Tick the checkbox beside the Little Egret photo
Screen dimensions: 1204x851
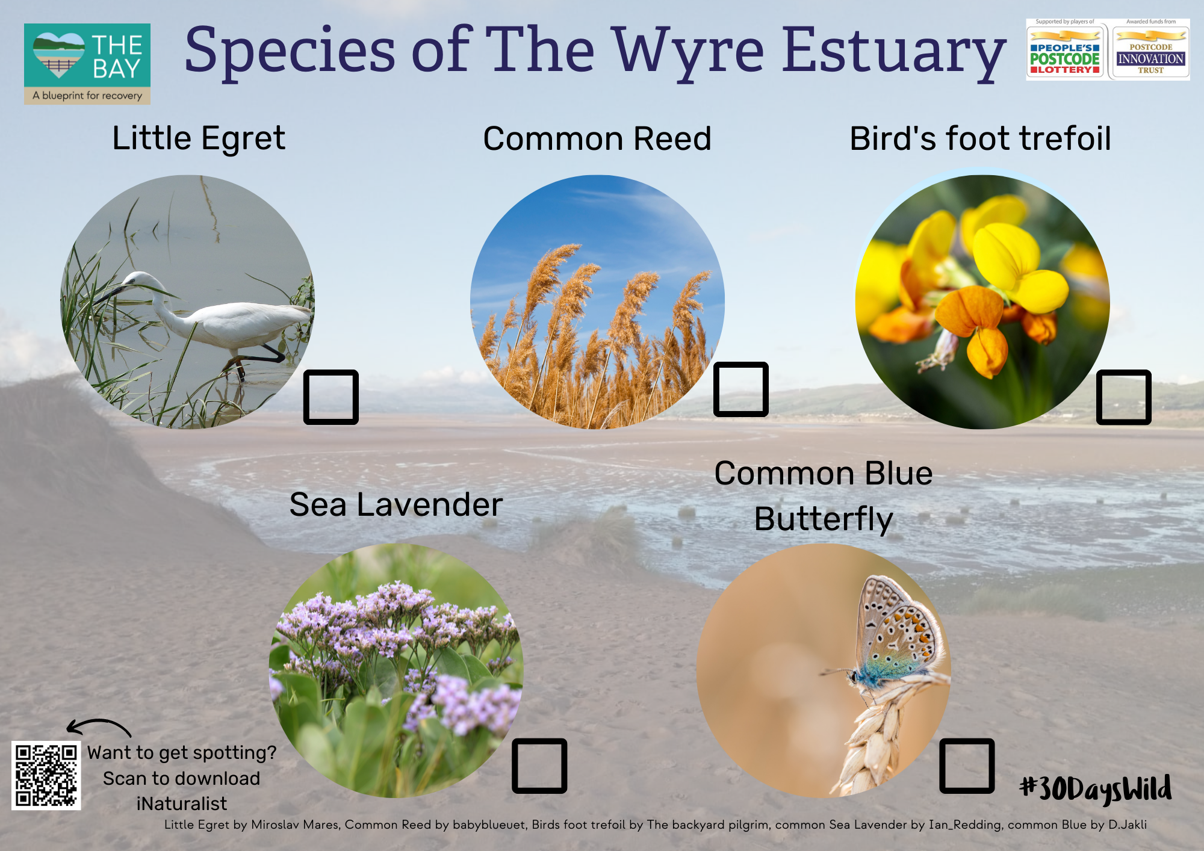click(x=331, y=397)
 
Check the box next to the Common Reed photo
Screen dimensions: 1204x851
click(x=741, y=389)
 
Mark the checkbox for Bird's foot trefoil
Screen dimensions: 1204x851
click(x=1124, y=397)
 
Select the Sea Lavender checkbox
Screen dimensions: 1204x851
click(x=539, y=766)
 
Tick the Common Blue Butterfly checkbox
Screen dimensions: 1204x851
click(x=967, y=766)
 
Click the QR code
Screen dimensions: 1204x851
click(x=46, y=776)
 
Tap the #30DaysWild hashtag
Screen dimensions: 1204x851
click(x=1096, y=788)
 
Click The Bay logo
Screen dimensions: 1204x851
click(x=87, y=64)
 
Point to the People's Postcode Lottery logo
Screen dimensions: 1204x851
click(x=1065, y=50)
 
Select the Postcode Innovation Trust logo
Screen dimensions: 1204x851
click(x=1150, y=50)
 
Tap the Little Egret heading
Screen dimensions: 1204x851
click(x=199, y=139)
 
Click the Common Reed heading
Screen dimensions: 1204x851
click(x=597, y=139)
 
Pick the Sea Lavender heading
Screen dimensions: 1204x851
click(x=396, y=504)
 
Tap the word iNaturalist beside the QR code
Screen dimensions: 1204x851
click(x=182, y=803)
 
